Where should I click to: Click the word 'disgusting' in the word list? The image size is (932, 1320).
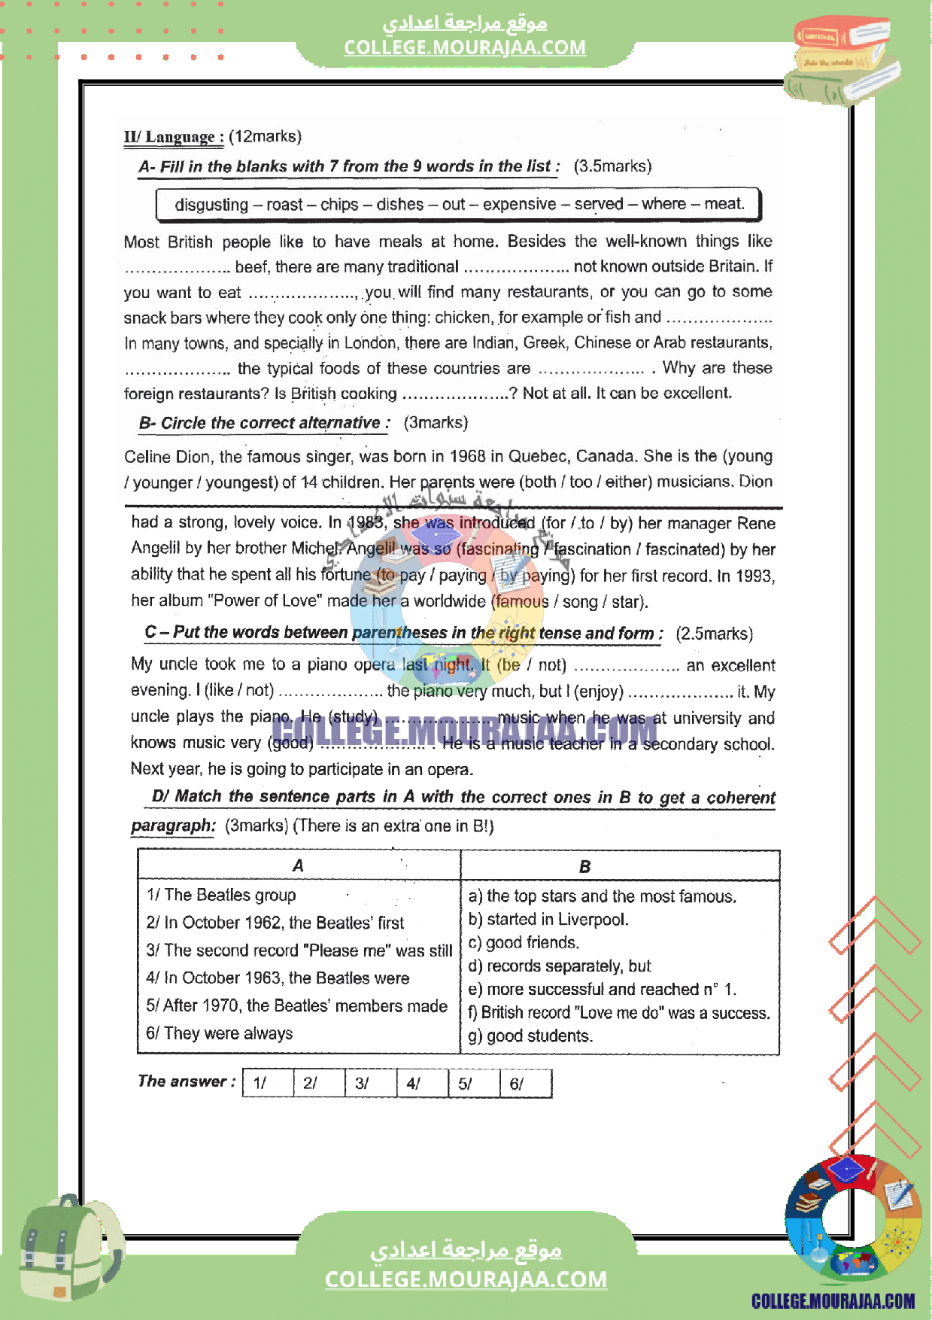pyautogui.click(x=211, y=205)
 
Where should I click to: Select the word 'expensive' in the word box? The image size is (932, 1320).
pyautogui.click(x=519, y=204)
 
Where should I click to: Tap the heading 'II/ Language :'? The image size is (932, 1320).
pyautogui.click(x=174, y=137)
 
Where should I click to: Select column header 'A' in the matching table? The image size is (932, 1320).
pyautogui.click(x=298, y=865)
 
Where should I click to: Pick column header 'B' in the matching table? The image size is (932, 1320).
pyautogui.click(x=584, y=866)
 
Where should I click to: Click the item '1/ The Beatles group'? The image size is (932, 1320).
pyautogui.click(x=221, y=895)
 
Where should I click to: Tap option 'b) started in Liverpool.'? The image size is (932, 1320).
pyautogui.click(x=548, y=919)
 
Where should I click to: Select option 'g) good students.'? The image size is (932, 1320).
pyautogui.click(x=530, y=1036)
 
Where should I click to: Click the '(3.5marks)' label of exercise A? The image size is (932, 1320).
pyautogui.click(x=612, y=166)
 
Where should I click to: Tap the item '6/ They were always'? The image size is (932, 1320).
pyautogui.click(x=220, y=1033)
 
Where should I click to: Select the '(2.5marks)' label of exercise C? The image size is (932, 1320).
pyautogui.click(x=714, y=634)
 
